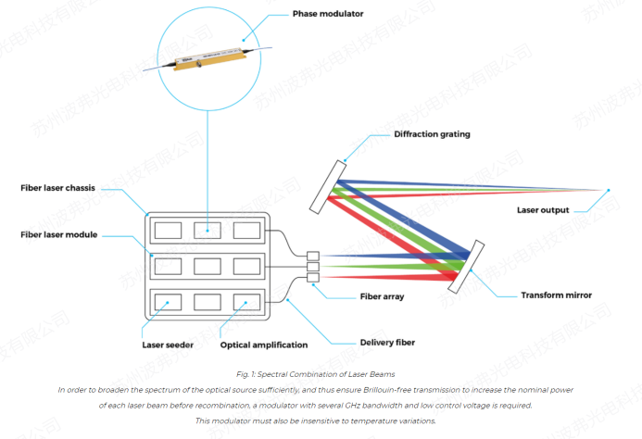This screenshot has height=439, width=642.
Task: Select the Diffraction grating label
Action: tap(433, 134)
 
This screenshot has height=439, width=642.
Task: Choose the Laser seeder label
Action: tap(166, 345)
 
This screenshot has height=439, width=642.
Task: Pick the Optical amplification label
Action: tap(264, 345)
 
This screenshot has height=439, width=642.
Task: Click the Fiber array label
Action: tap(383, 297)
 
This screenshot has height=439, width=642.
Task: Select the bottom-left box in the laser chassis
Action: tap(168, 302)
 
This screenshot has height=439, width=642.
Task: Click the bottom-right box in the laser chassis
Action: tap(247, 302)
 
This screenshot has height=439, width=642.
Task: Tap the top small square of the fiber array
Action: tap(313, 255)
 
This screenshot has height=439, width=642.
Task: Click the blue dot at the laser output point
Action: tap(609, 191)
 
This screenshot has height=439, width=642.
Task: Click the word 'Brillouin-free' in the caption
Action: tap(377, 391)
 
